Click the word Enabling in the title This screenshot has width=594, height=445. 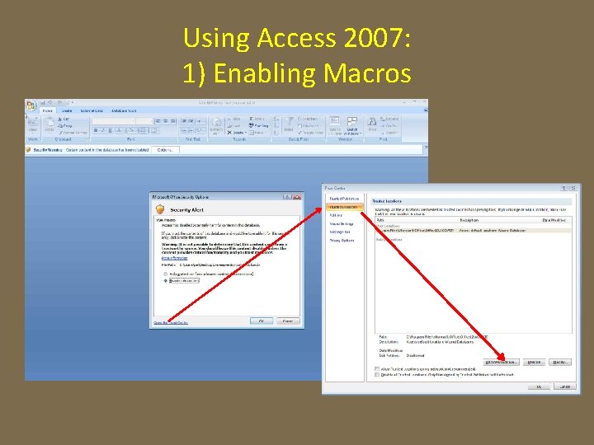(267, 73)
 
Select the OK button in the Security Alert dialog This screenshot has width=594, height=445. (262, 321)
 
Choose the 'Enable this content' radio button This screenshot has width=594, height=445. (166, 280)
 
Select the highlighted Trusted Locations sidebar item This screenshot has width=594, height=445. (346, 207)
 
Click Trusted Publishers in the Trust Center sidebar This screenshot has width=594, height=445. (346, 199)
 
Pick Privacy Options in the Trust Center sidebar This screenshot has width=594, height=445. (343, 241)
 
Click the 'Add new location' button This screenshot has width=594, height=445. (502, 362)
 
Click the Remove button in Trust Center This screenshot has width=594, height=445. (535, 362)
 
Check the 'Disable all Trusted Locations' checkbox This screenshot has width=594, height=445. (378, 374)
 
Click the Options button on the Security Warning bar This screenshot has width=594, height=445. (164, 149)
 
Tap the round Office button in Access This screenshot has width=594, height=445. (31, 105)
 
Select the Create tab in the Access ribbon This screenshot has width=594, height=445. (66, 110)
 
